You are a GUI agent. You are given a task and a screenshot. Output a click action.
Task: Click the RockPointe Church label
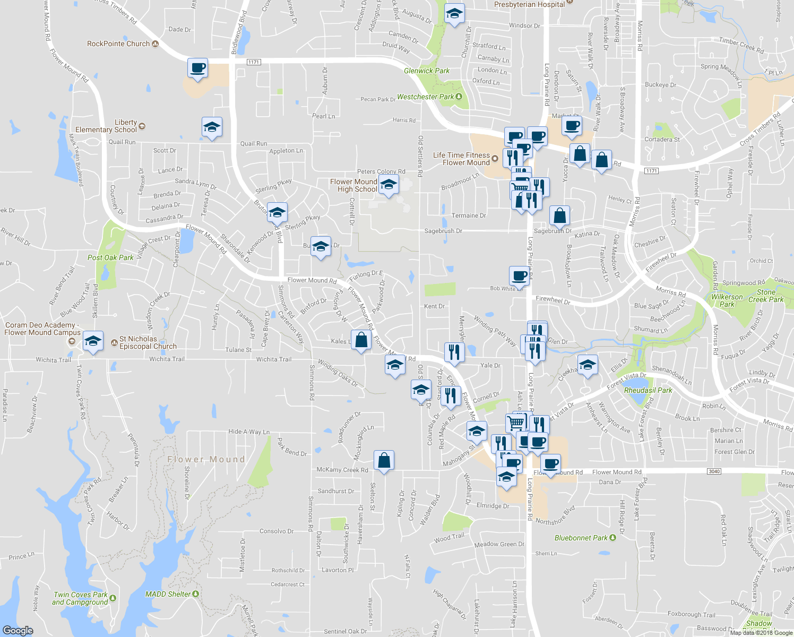click(118, 44)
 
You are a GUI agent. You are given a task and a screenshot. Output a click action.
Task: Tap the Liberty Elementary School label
click(106, 126)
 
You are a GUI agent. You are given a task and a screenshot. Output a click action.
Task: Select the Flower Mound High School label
click(353, 185)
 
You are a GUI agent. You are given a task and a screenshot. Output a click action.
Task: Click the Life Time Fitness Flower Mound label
click(461, 159)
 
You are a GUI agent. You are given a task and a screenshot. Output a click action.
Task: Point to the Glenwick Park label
click(427, 71)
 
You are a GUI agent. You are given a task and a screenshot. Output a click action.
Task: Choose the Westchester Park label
click(426, 97)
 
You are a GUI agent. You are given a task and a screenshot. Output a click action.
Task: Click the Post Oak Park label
click(110, 257)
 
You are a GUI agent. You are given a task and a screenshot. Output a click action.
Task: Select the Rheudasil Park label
click(648, 390)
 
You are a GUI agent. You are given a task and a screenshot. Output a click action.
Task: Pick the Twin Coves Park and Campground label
click(80, 598)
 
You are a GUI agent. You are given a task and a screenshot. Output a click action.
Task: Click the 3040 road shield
click(714, 471)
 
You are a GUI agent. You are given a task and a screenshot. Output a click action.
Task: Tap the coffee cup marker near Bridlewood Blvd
click(197, 68)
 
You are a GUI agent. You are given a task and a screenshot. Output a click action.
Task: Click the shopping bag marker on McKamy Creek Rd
click(384, 460)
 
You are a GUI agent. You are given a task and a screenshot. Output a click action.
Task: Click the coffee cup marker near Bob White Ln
click(519, 275)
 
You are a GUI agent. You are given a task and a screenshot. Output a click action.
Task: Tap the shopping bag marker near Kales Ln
click(361, 340)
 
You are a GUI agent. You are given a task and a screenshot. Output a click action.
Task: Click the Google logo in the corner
click(18, 630)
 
